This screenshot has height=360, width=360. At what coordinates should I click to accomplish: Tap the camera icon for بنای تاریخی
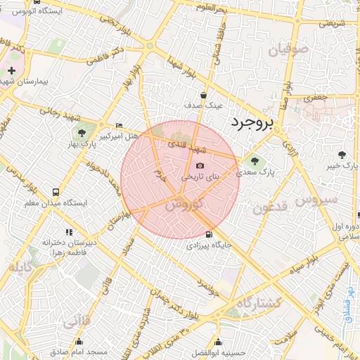[200, 166]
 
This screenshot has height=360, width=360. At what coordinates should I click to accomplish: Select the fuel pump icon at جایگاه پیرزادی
[207, 235]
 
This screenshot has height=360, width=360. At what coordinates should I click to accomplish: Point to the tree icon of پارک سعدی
[255, 160]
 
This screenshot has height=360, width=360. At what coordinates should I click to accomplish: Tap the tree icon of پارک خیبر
[342, 154]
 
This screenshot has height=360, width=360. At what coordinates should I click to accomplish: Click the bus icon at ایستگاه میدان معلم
[56, 192]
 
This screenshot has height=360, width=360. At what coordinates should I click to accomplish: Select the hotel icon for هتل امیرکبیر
[119, 124]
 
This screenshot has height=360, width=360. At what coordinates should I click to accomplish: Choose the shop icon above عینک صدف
[204, 95]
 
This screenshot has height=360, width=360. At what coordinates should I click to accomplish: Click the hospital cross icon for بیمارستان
[11, 70]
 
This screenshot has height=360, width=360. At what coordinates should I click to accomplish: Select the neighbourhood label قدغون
[271, 208]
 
